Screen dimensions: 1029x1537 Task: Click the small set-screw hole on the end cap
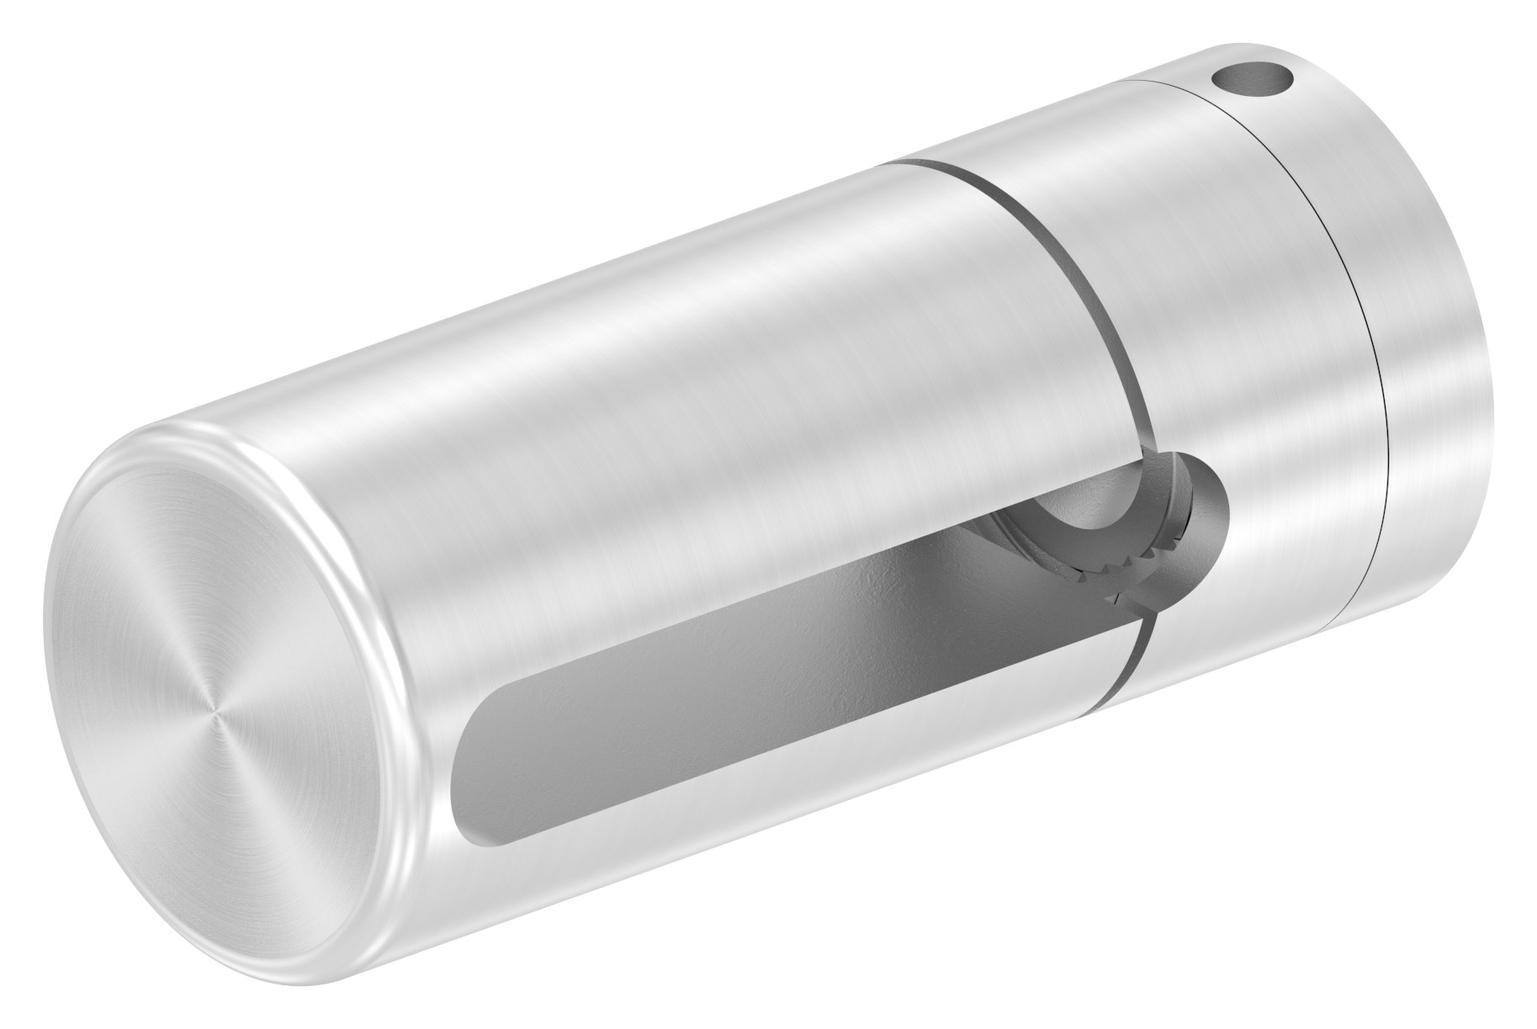1251,82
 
